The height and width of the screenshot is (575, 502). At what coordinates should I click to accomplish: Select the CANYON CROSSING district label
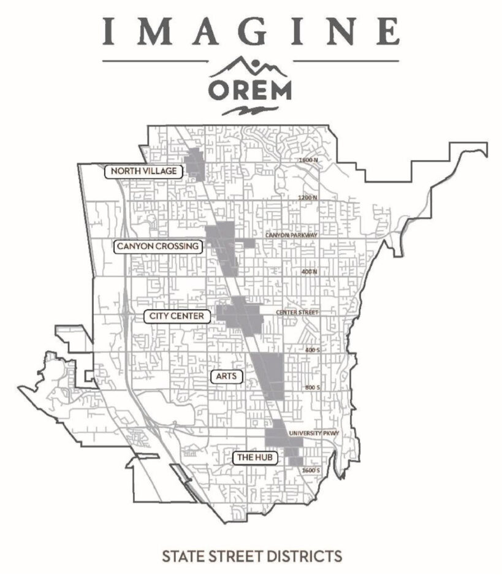click(158, 246)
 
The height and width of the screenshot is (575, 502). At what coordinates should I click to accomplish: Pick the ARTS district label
click(227, 376)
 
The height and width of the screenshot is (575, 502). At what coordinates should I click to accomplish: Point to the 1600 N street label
click(308, 160)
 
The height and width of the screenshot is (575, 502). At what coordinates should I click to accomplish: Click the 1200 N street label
click(307, 197)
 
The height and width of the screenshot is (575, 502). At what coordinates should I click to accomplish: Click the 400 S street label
click(313, 349)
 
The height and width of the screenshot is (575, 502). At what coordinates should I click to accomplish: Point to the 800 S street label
click(313, 387)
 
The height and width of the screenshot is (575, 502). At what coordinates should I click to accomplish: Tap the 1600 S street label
click(311, 470)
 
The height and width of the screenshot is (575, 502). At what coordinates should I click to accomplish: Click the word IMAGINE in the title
click(251, 30)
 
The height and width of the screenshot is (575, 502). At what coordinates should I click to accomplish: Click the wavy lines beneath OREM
click(250, 110)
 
